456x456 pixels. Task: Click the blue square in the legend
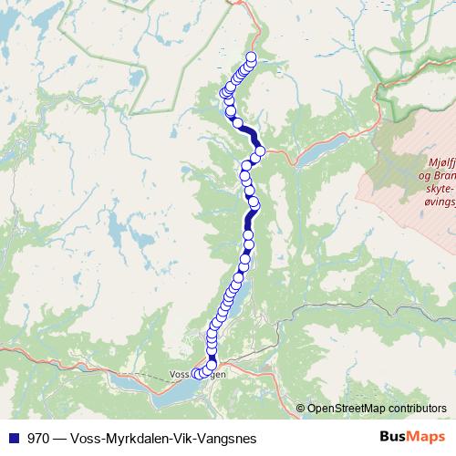pos(13,437)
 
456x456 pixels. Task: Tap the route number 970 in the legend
pos(39,437)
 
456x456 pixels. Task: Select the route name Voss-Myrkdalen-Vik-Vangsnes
pos(163,437)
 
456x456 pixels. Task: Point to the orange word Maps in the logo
pos(425,437)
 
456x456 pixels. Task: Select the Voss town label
pos(180,373)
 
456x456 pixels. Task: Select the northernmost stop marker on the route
pos(251,59)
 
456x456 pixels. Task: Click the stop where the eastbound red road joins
pos(260,150)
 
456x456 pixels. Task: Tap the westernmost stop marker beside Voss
pos(194,374)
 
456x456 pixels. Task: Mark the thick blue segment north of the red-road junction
pos(248,134)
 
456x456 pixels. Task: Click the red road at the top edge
pos(239,5)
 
